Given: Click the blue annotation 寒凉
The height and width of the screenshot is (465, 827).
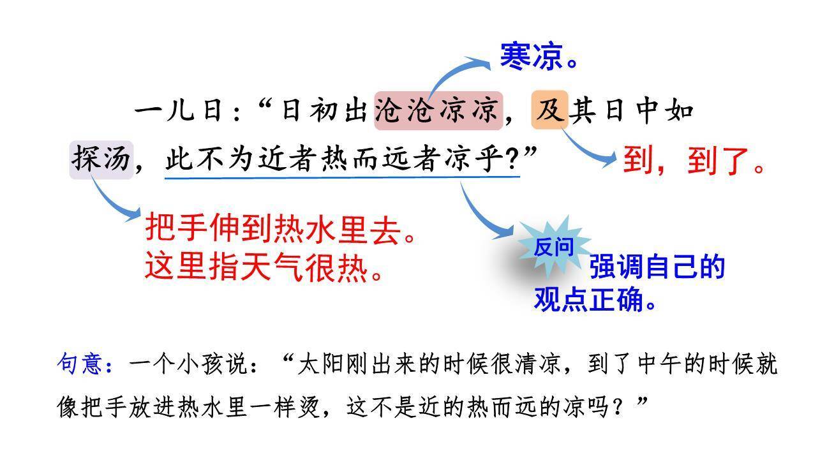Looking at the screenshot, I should click(532, 56).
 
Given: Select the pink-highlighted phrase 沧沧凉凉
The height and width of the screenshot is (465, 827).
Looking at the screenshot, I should click(438, 111).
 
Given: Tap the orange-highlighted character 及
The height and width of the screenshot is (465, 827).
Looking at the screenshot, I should click(549, 110).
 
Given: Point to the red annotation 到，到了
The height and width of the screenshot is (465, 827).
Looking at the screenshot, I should click(692, 161).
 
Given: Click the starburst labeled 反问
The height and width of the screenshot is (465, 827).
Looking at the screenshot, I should click(553, 247).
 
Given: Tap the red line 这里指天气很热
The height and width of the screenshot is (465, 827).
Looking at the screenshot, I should click(264, 268).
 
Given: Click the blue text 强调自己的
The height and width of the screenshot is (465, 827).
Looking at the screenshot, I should click(657, 267).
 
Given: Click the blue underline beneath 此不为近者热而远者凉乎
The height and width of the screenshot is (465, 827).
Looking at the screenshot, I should click(342, 177).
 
